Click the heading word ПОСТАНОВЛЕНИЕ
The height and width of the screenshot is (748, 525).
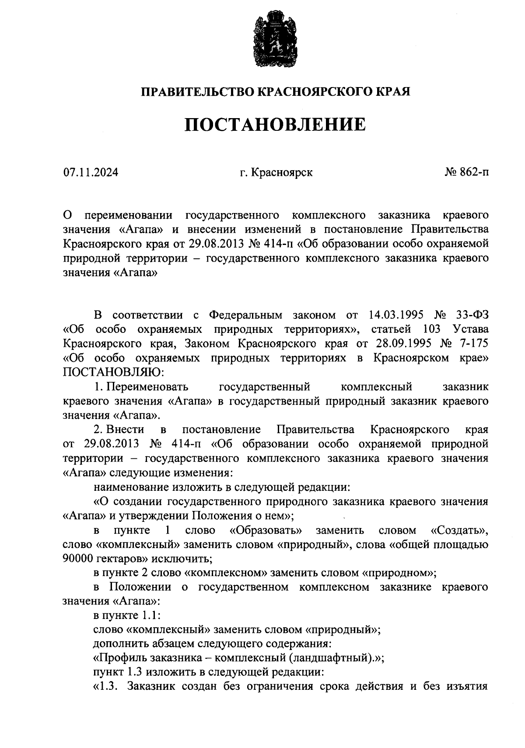click(275, 125)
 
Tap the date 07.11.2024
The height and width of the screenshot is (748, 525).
click(91, 173)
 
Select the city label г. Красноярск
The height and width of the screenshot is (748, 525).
click(276, 173)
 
